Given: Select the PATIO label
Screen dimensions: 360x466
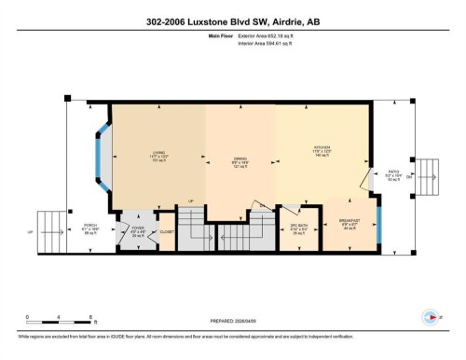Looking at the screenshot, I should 394,174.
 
